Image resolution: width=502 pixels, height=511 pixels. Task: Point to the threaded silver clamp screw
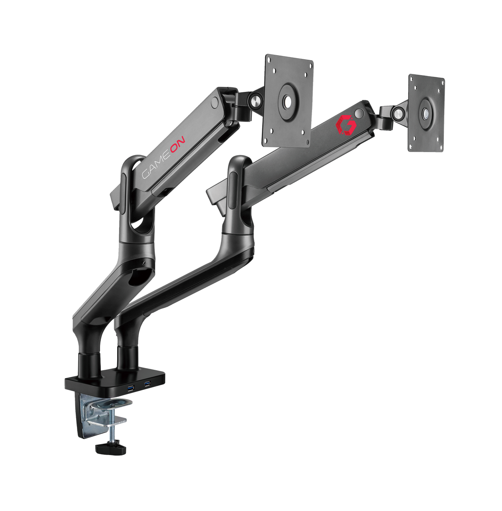[112, 432]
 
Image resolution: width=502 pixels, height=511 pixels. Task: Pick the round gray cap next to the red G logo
[358, 114]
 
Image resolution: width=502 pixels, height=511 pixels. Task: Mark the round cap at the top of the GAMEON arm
[215, 102]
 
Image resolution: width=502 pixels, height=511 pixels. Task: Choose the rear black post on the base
[128, 357]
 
